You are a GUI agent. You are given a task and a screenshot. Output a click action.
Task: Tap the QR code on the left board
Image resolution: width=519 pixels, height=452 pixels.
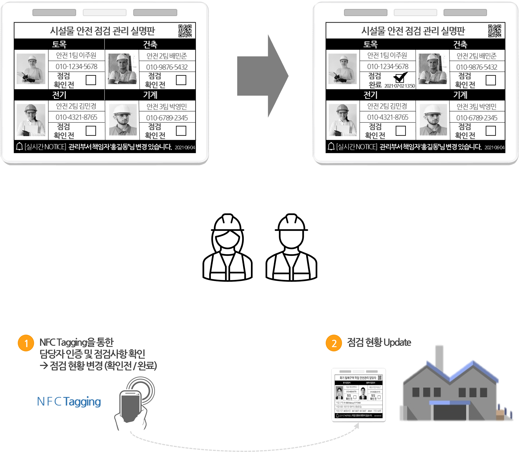pyautogui.click(x=185, y=31)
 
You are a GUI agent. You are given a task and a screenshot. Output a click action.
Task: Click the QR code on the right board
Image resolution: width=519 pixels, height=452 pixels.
pyautogui.click(x=494, y=31)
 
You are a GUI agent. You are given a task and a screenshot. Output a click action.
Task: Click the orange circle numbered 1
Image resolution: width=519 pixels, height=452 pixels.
pyautogui.click(x=26, y=343)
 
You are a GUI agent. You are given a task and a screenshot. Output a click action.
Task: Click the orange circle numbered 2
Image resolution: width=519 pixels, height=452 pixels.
pyautogui.click(x=334, y=343)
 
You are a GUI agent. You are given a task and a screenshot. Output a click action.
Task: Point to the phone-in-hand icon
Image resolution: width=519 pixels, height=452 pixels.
pyautogui.click(x=130, y=404)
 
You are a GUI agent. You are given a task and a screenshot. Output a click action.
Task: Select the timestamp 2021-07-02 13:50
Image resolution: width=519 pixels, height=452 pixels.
pyautogui.click(x=399, y=86)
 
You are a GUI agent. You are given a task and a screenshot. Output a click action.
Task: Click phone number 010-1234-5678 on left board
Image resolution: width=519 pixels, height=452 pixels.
pyautogui.click(x=76, y=67)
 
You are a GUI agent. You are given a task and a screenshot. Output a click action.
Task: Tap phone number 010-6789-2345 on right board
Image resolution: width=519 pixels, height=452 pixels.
pyautogui.click(x=477, y=118)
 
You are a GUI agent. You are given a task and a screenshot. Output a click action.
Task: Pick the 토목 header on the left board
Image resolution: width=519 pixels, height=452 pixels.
pyautogui.click(x=59, y=44)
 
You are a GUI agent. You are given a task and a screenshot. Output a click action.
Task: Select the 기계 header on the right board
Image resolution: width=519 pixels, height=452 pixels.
pyautogui.click(x=460, y=95)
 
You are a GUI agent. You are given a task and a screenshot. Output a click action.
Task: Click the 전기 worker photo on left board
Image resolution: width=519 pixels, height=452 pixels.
pyautogui.click(x=31, y=120)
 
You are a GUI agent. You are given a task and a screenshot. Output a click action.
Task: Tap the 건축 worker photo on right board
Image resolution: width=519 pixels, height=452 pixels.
pyautogui.click(x=432, y=69)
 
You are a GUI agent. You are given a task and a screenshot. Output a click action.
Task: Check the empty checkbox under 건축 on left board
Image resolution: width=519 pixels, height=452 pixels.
pyautogui.click(x=181, y=80)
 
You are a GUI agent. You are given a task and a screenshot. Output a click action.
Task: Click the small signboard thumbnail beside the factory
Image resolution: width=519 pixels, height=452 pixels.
pyautogui.click(x=358, y=395)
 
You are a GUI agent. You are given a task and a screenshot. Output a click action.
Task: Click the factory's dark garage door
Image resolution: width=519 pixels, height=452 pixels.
pyautogui.click(x=450, y=413)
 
